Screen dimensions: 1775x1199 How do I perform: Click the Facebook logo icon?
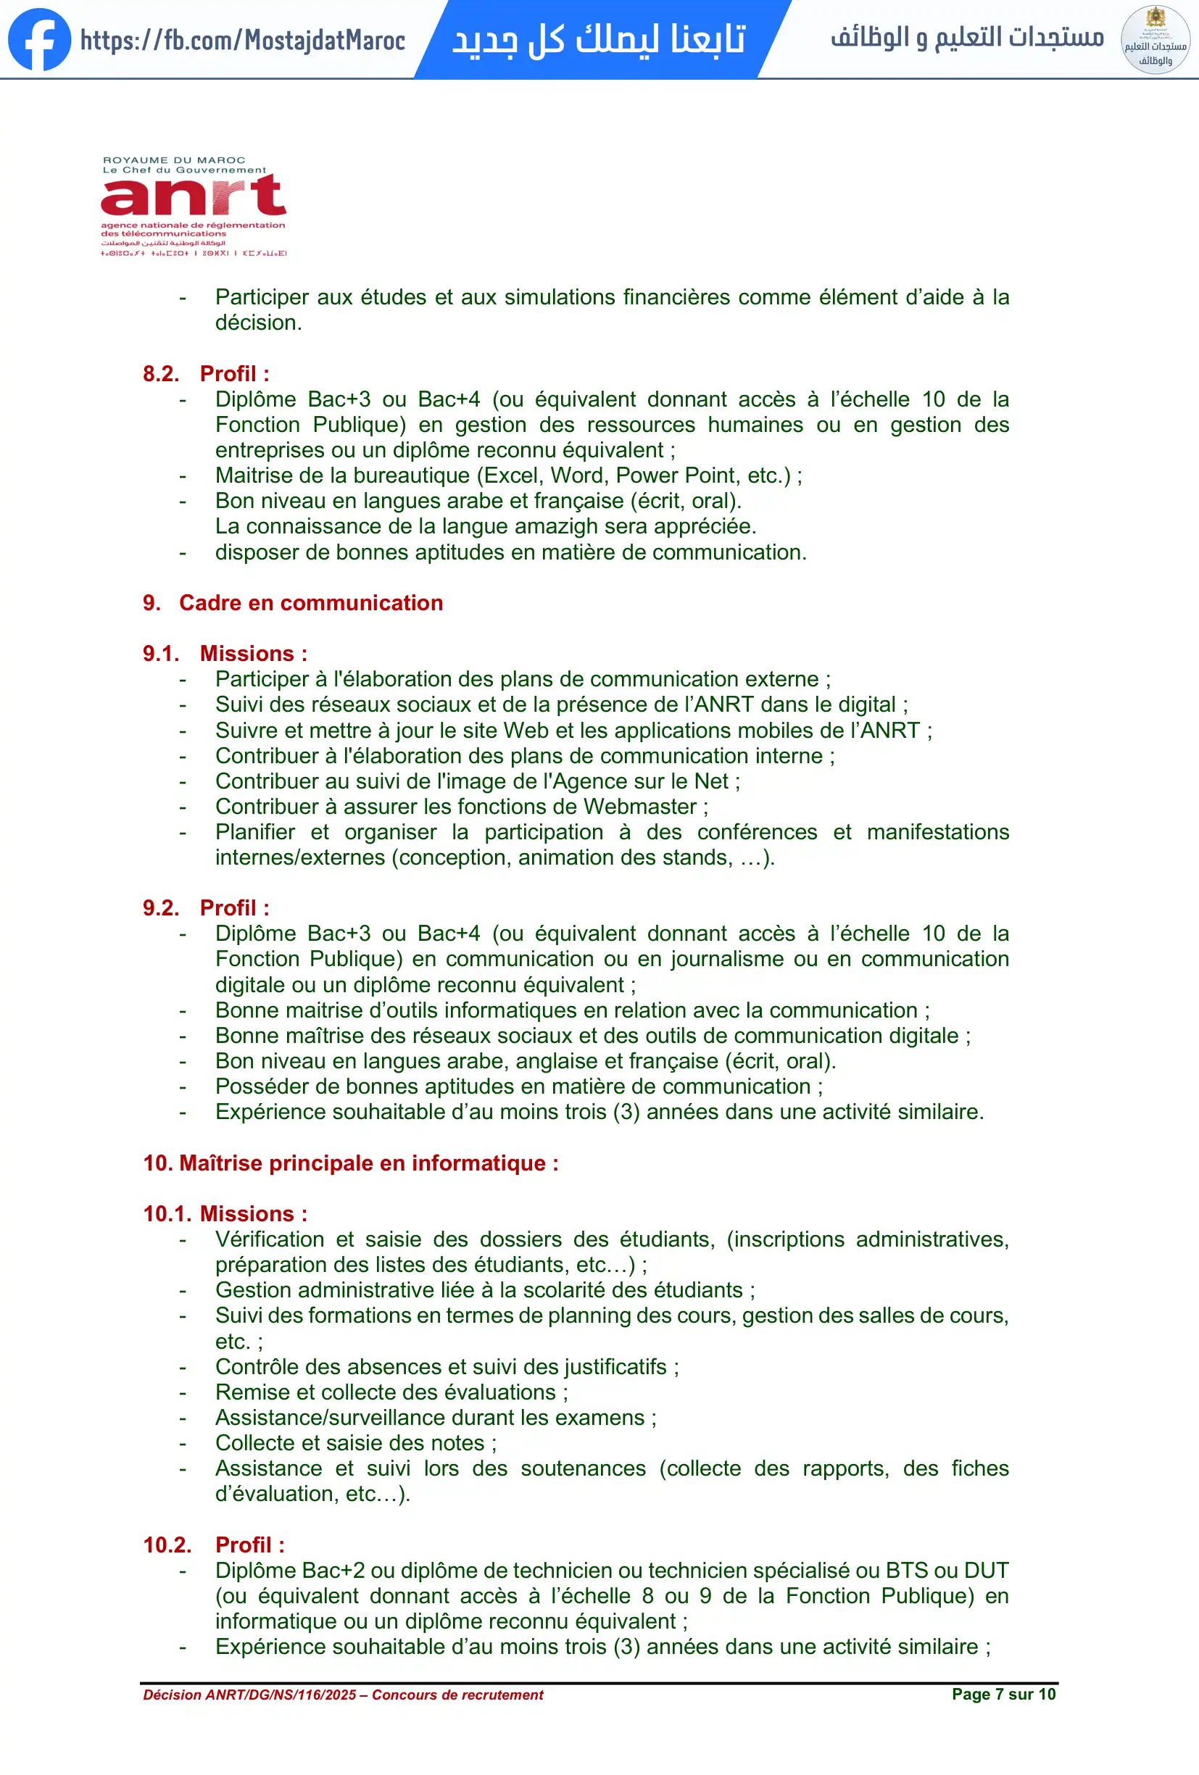click(39, 40)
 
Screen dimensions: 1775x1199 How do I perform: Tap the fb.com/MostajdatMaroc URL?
click(242, 40)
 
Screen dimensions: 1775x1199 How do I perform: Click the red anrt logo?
click(194, 196)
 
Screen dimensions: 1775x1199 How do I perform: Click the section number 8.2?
click(161, 373)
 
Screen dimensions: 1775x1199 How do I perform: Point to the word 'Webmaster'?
click(640, 807)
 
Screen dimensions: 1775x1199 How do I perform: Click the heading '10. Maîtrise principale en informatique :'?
click(351, 1163)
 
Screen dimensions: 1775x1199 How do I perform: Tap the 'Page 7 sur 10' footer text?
click(1003, 1694)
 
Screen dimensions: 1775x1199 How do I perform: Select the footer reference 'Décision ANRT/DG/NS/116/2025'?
click(249, 1695)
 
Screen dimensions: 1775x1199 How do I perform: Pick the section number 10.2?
click(167, 1545)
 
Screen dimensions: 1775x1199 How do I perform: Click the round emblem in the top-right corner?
click(1155, 40)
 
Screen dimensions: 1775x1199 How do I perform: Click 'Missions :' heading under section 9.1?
click(254, 654)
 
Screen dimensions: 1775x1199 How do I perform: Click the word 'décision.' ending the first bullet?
click(258, 323)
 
